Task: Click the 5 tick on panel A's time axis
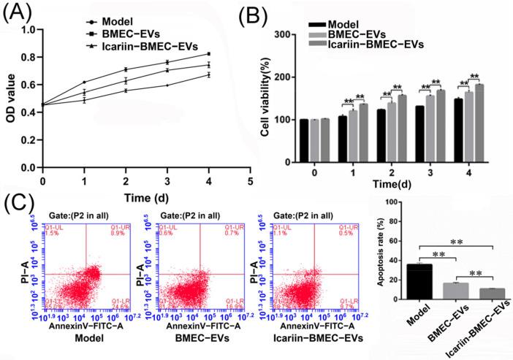tap(250, 180)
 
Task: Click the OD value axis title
tap(9, 98)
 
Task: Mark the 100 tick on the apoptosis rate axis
tap(395, 202)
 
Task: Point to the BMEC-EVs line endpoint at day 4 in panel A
tap(209, 54)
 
